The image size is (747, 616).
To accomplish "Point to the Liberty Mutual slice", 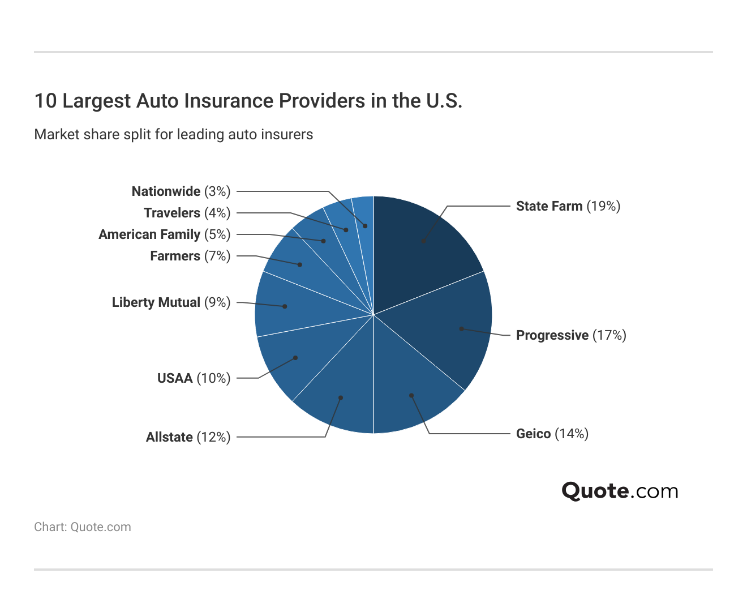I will tap(286, 306).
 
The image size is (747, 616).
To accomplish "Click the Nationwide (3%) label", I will tap(181, 191).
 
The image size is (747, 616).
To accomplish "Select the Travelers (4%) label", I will tap(187, 213).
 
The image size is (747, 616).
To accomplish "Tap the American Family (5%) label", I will tap(164, 234).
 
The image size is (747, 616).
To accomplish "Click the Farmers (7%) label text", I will tap(190, 256).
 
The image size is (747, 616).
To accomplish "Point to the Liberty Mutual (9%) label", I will tap(171, 302).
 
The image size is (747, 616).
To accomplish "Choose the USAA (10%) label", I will tap(194, 378).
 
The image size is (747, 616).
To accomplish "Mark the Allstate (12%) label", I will tap(188, 437).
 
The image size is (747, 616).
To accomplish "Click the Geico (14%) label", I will tap(552, 434).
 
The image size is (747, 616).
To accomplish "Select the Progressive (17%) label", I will tap(571, 335).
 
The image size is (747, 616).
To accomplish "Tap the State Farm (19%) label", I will tap(568, 206).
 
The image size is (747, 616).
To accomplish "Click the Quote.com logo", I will tap(620, 491).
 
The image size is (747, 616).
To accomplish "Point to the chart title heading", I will tap(248, 101).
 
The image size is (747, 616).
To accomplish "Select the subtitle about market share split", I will tap(174, 135).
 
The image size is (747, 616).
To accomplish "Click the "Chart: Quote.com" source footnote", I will tap(83, 527).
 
